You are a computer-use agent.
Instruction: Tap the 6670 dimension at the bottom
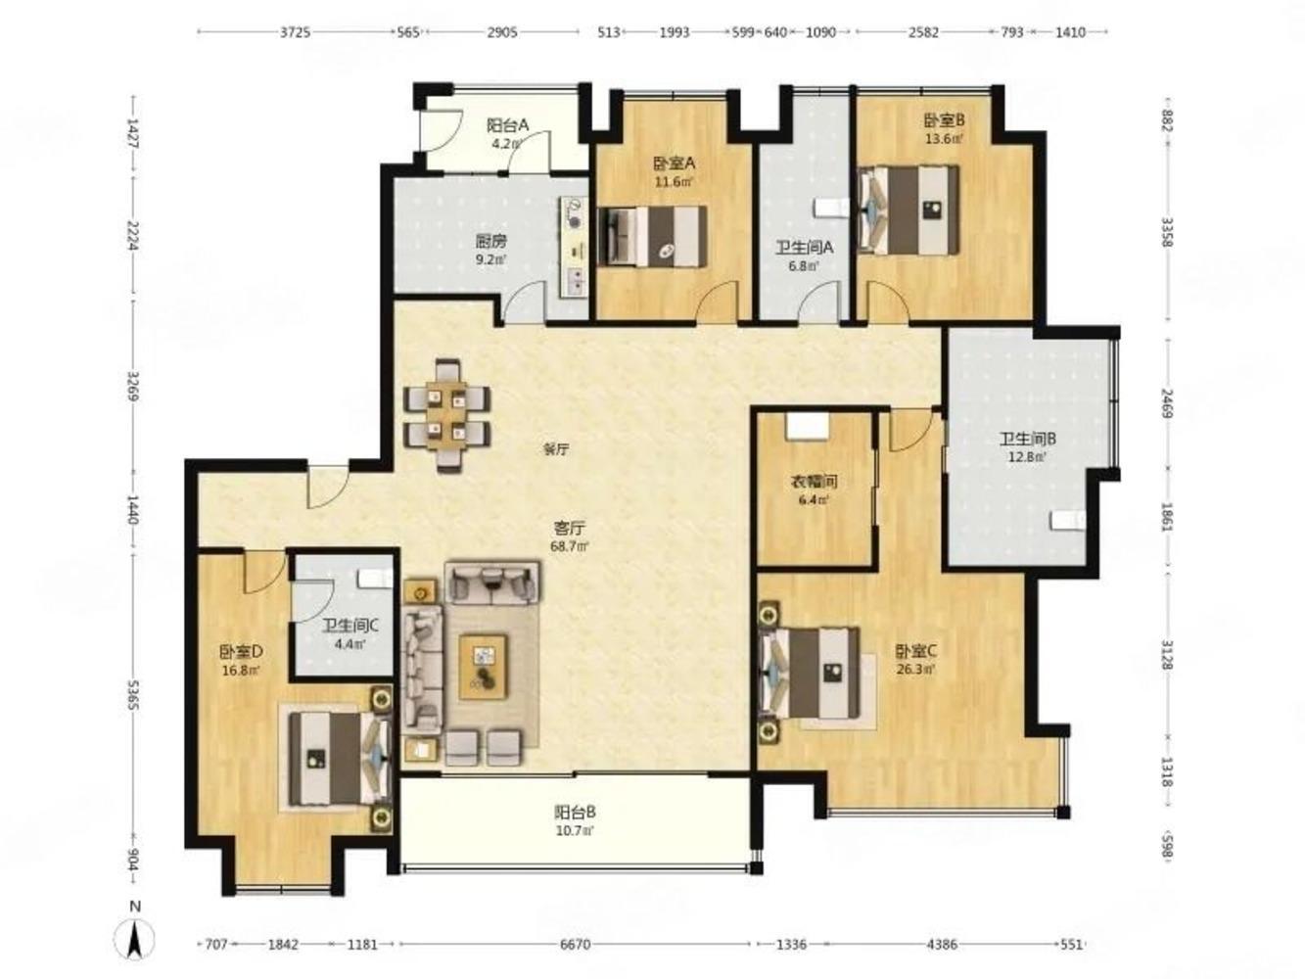(x=575, y=944)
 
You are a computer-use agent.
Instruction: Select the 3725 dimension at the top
(x=295, y=32)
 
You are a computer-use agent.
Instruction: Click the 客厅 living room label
(x=569, y=528)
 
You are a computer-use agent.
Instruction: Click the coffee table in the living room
(x=483, y=666)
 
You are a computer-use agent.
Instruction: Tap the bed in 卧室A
(x=653, y=237)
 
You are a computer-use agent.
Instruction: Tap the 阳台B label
(x=575, y=812)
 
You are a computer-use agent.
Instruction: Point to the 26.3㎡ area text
(x=916, y=670)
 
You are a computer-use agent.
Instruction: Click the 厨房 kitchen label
(x=490, y=242)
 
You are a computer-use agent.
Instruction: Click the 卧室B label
(x=944, y=121)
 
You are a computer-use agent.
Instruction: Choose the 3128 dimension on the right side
(x=1167, y=655)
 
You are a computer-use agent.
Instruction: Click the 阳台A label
(x=508, y=125)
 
